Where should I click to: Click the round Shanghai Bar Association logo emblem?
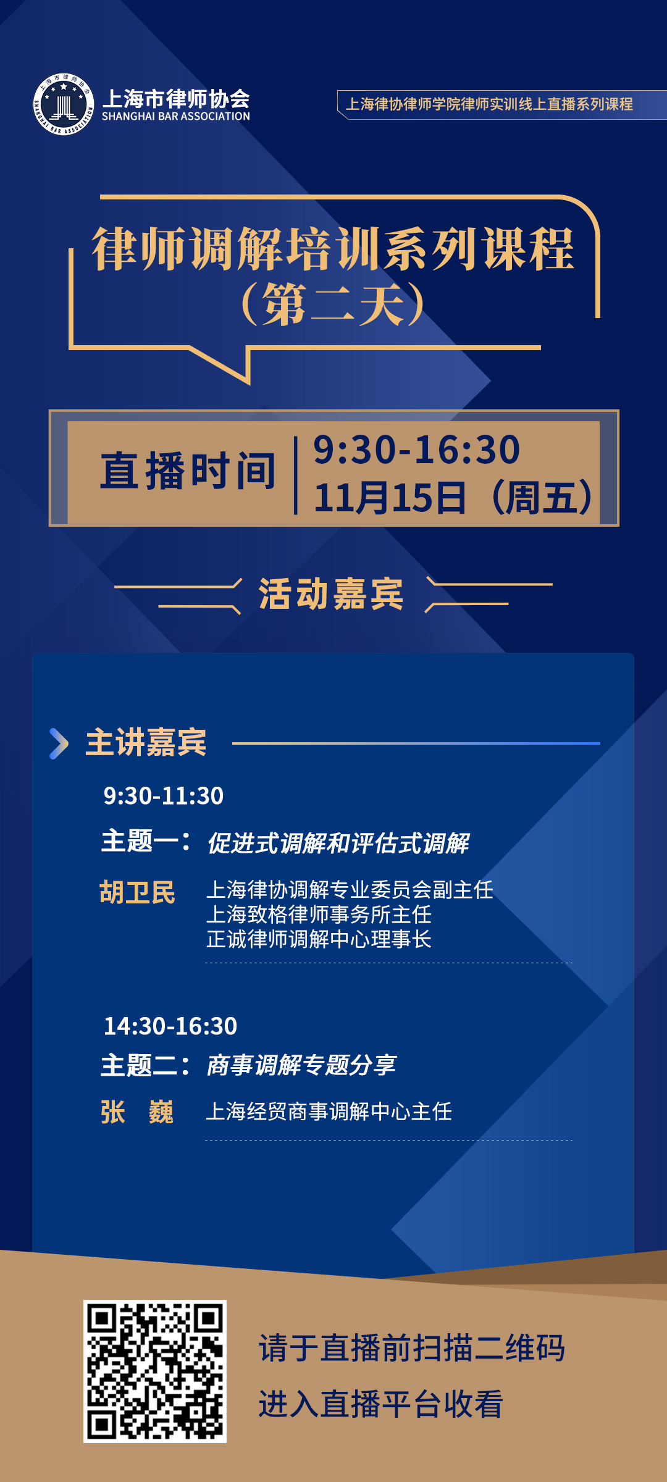64,104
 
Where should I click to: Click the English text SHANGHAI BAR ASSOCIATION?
176,116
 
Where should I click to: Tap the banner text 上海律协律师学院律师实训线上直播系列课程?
489,104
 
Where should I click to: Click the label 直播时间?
188,471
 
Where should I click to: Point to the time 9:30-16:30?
417,449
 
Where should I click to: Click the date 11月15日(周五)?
454,497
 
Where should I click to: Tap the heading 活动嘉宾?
331,594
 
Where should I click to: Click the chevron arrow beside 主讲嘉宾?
59,743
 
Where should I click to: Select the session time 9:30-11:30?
164,796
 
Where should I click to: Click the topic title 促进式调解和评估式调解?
338,843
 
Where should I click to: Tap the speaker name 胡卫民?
138,892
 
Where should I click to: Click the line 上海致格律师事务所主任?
319,915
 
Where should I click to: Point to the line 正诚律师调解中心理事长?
319,939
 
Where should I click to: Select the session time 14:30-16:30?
170,1026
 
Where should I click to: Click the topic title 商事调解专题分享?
301,1065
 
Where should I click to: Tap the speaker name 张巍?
137,1112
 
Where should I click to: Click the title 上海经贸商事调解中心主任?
329,1111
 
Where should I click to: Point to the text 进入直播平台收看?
381,1404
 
